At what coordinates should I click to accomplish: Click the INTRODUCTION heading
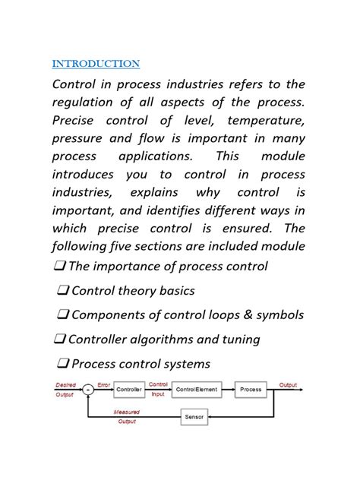(x=96, y=63)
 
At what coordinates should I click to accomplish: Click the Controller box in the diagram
(x=129, y=390)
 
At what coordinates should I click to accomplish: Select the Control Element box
(x=196, y=390)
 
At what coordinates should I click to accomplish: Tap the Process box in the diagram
(x=251, y=390)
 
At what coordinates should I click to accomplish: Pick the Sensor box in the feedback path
(x=194, y=417)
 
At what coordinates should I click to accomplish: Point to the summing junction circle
(x=89, y=390)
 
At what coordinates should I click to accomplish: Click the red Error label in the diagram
(x=104, y=384)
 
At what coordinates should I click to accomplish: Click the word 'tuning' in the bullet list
(x=238, y=339)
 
